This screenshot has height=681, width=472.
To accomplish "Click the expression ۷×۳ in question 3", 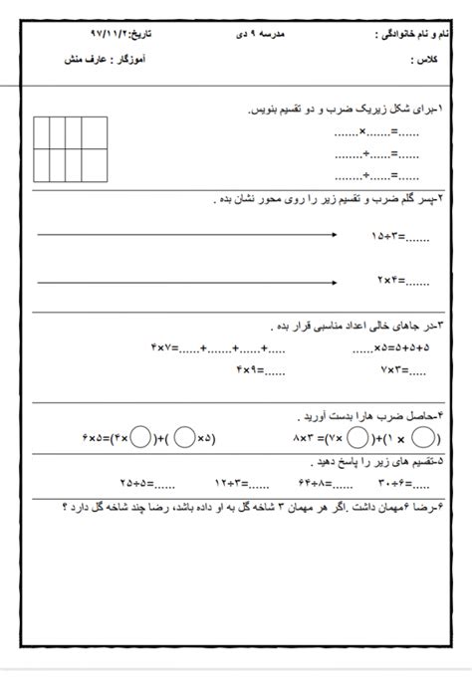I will pyautogui.click(x=393, y=370).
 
